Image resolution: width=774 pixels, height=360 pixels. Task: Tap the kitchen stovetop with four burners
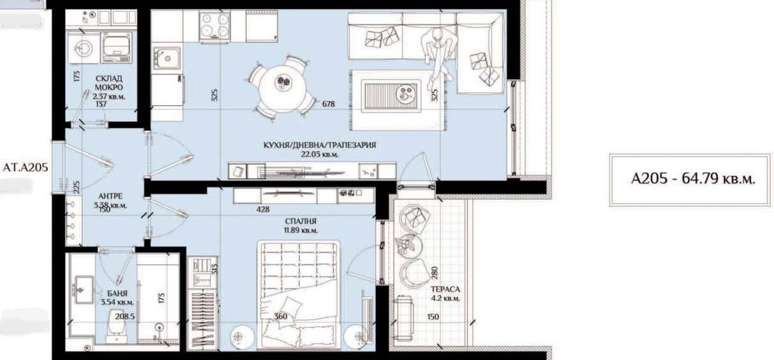[x=215, y=26]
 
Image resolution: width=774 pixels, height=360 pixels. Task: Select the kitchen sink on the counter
[x=168, y=58]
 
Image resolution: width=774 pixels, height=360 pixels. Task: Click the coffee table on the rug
[x=392, y=96]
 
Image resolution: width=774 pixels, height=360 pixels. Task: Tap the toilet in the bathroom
[x=116, y=326]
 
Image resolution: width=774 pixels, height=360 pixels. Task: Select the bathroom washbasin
[x=83, y=290]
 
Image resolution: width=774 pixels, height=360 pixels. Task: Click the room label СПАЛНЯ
[x=301, y=221]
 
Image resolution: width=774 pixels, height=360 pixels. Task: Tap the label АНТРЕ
[x=111, y=196]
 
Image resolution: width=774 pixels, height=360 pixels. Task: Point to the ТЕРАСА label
[x=445, y=289]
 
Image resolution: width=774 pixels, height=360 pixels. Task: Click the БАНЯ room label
[x=117, y=293]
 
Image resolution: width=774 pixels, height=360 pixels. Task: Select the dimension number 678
[x=328, y=104]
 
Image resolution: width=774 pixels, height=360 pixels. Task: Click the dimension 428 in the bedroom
[x=262, y=209]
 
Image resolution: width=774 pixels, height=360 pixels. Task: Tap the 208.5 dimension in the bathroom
[x=125, y=316]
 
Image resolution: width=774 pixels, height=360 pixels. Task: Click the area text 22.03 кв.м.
[x=320, y=154]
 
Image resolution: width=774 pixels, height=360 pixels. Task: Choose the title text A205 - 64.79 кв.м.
[x=693, y=178]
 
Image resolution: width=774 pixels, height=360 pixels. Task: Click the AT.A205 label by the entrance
[x=25, y=168]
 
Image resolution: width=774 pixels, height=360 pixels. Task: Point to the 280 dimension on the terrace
[x=434, y=273]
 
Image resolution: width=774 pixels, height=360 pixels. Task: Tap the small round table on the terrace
[x=411, y=245]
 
